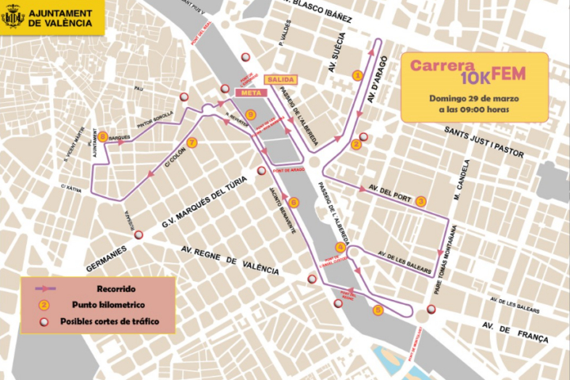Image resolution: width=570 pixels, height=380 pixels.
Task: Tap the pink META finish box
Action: (x=250, y=93)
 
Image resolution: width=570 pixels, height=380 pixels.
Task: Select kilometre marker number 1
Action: (x=357, y=76)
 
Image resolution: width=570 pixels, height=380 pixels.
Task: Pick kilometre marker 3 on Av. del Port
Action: (x=420, y=202)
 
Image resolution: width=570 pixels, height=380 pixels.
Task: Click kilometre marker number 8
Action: (x=103, y=136)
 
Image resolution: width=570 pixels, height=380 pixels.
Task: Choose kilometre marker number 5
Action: (x=378, y=310)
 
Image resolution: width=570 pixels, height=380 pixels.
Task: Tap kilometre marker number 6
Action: (x=294, y=202)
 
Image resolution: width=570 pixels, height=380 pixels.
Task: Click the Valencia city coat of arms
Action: (x=13, y=17)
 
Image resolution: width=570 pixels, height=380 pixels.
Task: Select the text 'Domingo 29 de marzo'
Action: (x=474, y=97)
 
